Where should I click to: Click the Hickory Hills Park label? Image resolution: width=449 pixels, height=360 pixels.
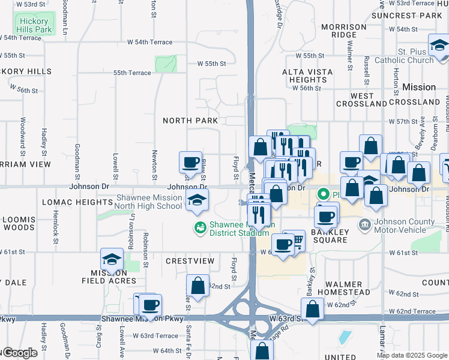[35, 24]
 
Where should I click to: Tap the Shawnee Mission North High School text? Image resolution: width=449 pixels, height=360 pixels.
[149, 202]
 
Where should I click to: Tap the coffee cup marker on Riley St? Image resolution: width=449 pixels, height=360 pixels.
[191, 161]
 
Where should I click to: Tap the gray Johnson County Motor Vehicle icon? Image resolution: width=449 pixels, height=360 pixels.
[364, 226]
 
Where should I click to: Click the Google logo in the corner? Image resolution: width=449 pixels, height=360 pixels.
[19, 353]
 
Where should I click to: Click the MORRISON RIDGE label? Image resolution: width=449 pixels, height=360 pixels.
[343, 31]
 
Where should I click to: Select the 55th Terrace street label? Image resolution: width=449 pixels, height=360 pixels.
[133, 73]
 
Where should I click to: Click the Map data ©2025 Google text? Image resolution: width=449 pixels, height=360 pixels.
[411, 355]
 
